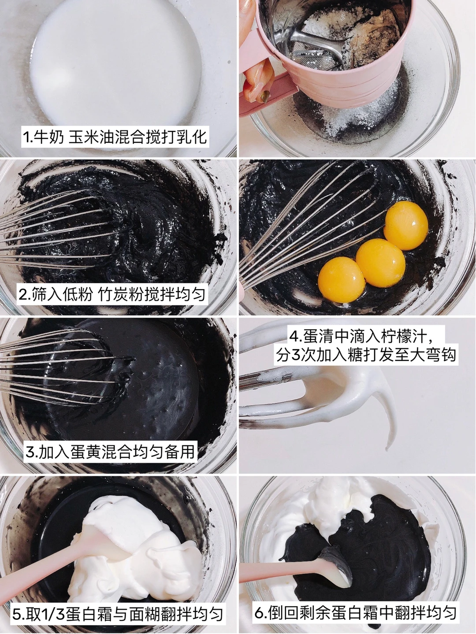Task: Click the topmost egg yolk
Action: click(406, 226)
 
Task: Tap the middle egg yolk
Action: click(380, 263)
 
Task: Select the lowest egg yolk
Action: click(342, 279)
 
